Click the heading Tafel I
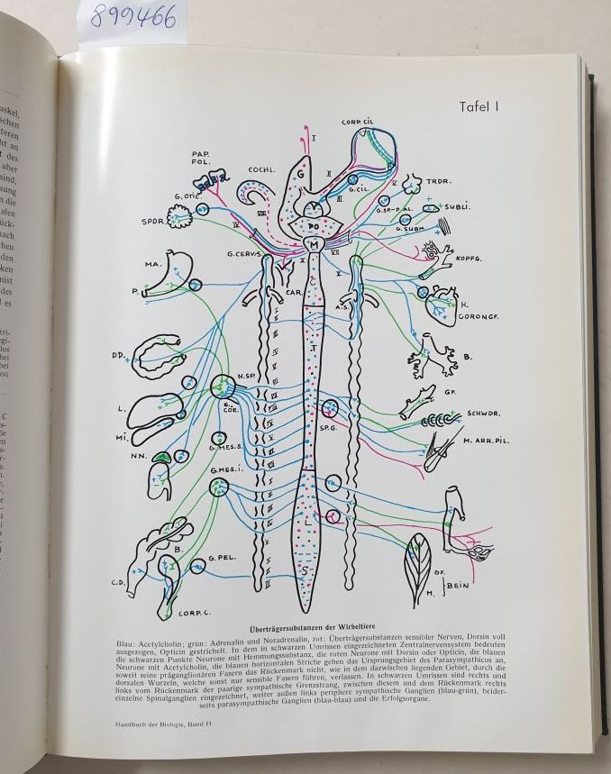pyautogui.click(x=479, y=106)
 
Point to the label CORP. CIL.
pyautogui.click(x=358, y=122)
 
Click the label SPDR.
pyautogui.click(x=152, y=221)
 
